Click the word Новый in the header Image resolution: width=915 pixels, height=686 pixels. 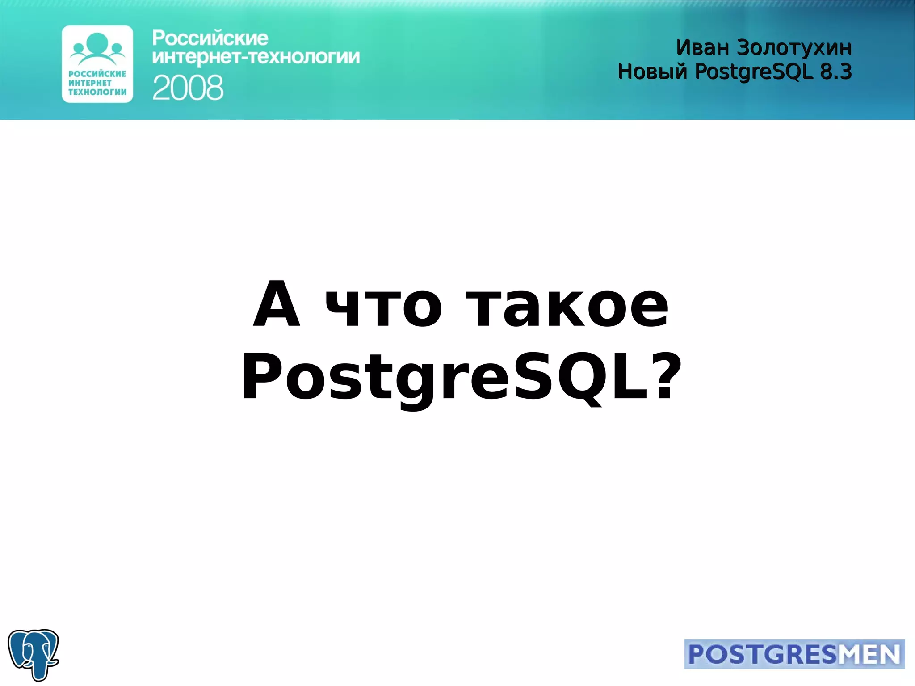click(x=652, y=72)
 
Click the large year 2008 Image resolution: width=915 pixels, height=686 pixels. click(x=188, y=88)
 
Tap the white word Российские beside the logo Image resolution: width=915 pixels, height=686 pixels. click(x=210, y=38)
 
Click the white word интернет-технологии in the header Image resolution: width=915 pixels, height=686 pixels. click(x=256, y=57)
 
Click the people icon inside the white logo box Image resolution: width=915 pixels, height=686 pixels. click(x=97, y=47)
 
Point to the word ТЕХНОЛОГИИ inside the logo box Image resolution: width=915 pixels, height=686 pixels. click(x=97, y=92)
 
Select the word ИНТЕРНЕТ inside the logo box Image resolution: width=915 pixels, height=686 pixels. click(x=90, y=83)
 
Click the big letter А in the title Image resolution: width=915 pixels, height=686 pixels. click(x=277, y=305)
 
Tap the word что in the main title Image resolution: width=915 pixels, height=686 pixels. click(x=383, y=307)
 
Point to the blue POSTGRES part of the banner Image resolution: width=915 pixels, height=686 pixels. click(x=762, y=654)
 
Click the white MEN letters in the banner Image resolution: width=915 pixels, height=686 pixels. click(x=869, y=654)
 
